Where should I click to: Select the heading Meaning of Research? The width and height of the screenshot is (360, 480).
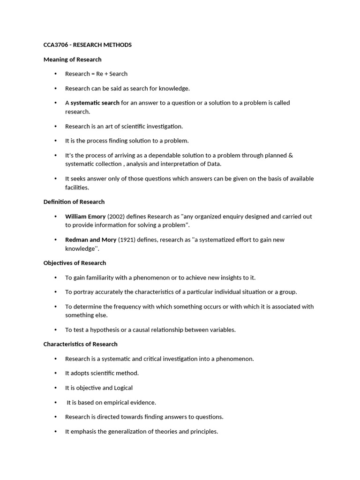72,60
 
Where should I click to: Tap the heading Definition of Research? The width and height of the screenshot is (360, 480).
74,202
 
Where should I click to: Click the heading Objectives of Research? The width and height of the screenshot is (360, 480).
75,263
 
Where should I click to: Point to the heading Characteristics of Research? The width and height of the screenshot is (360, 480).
80,344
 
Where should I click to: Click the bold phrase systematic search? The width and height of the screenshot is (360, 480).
95,103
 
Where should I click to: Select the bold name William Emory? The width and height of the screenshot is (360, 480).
85,217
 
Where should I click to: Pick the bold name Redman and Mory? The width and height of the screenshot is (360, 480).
90,240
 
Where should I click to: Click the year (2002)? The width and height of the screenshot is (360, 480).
117,217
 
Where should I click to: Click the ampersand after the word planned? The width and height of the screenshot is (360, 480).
291,155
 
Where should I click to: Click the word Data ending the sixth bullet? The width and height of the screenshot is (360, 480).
213,164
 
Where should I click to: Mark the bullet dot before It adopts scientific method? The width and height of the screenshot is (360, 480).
55,373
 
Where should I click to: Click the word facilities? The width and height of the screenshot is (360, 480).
76,187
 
